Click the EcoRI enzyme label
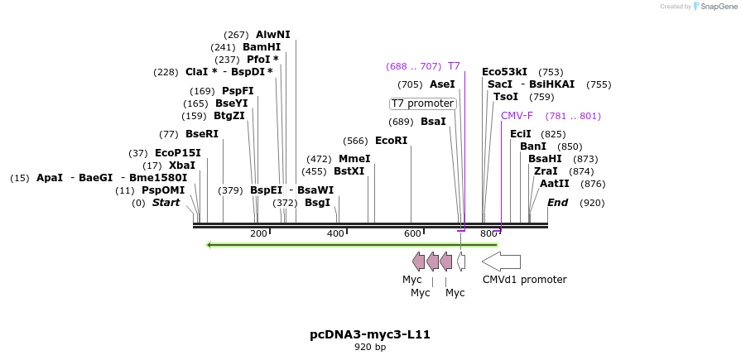(391, 141)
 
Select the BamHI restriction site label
(261, 47)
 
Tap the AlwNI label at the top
(272, 35)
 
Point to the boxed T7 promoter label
(422, 103)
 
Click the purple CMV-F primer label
(517, 116)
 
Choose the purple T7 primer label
(454, 66)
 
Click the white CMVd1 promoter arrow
(501, 262)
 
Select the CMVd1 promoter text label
(524, 280)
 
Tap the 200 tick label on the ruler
(258, 234)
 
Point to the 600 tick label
(412, 234)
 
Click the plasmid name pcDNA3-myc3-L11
(370, 334)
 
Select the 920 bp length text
(370, 348)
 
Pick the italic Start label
(166, 203)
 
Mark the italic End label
(557, 203)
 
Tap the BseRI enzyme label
(201, 134)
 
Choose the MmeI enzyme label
(354, 159)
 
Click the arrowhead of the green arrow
(210, 244)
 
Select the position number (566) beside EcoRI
(355, 141)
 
